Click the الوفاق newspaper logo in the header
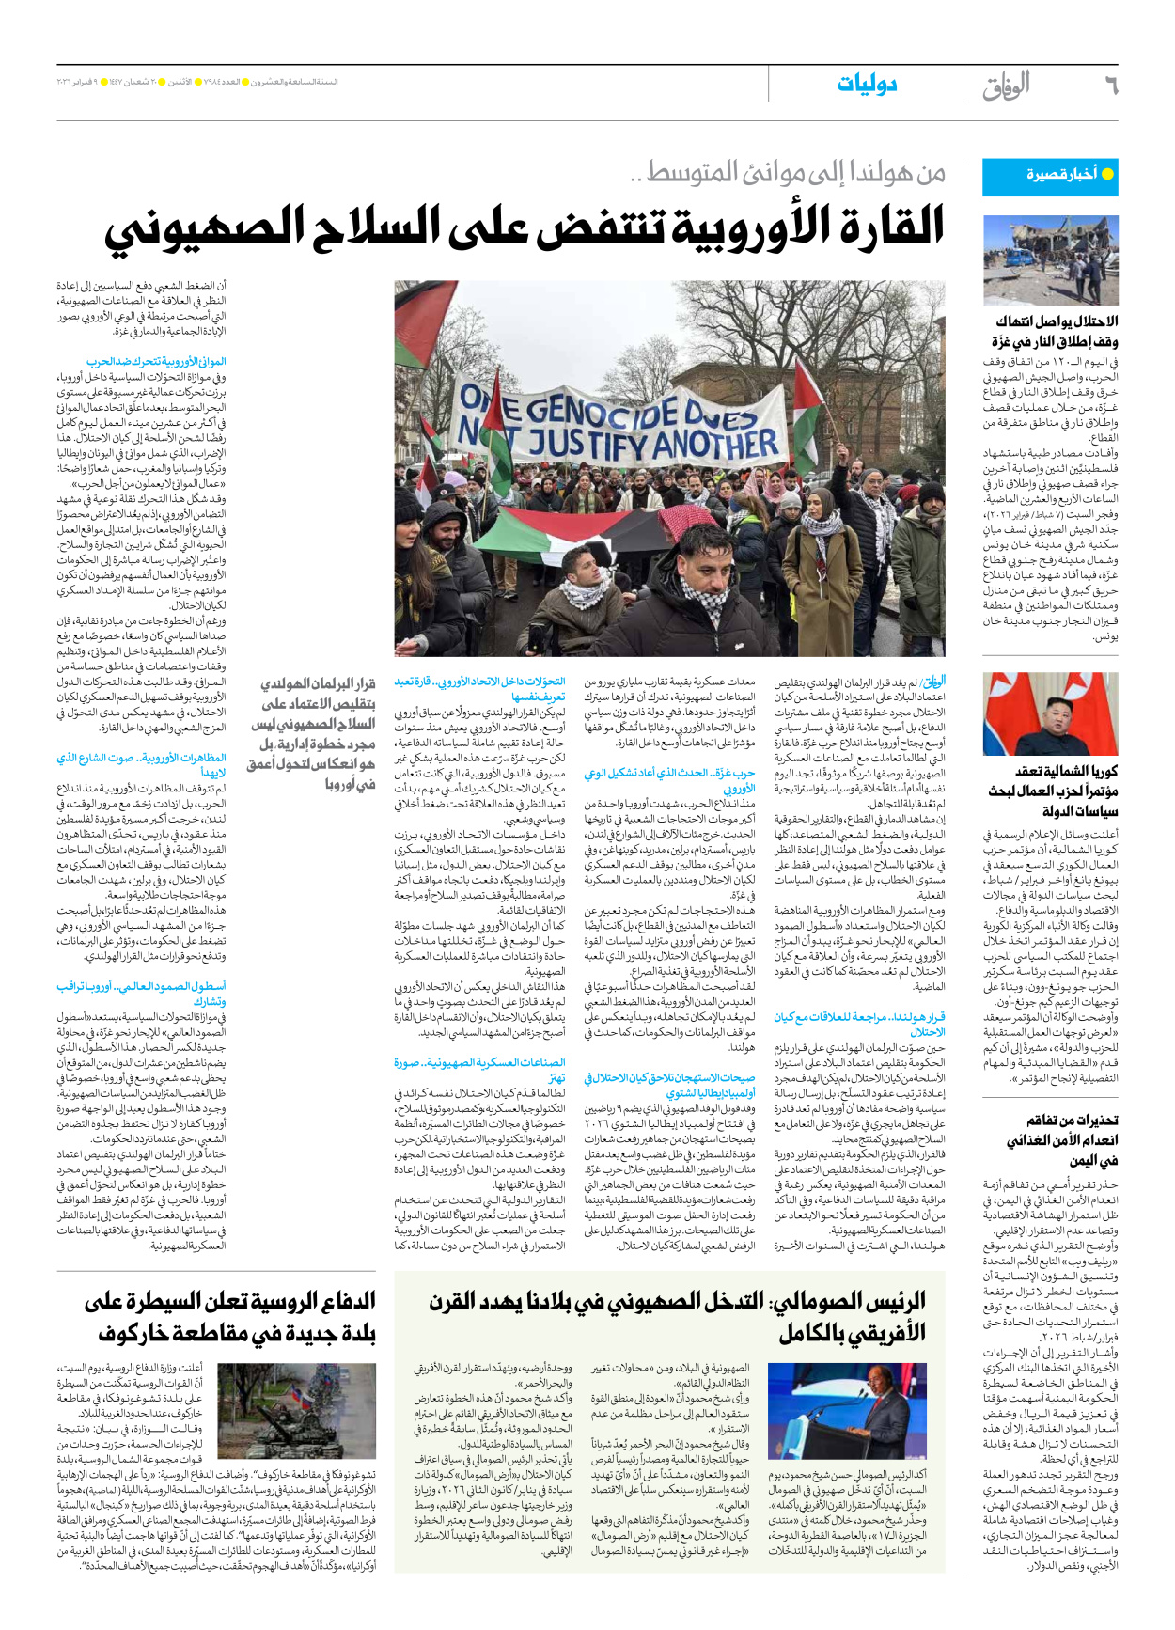1007,86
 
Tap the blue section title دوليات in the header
867,85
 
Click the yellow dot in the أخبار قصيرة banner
1107,174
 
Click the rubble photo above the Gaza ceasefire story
1050,259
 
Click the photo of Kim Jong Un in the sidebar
1050,713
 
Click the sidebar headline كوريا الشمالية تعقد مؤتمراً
1054,791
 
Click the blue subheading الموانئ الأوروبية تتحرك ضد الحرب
157,361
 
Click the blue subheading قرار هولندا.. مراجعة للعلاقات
859,1024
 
